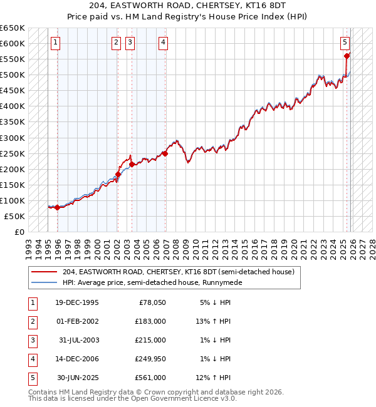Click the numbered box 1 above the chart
pos(56,43)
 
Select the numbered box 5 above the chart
pos(345,43)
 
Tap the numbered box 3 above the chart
pos(130,43)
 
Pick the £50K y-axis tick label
pos(14,216)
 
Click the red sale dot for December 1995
pos(57,207)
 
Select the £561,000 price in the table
pos(150,378)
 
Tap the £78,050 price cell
pos(152,302)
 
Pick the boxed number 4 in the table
pos(32,359)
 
